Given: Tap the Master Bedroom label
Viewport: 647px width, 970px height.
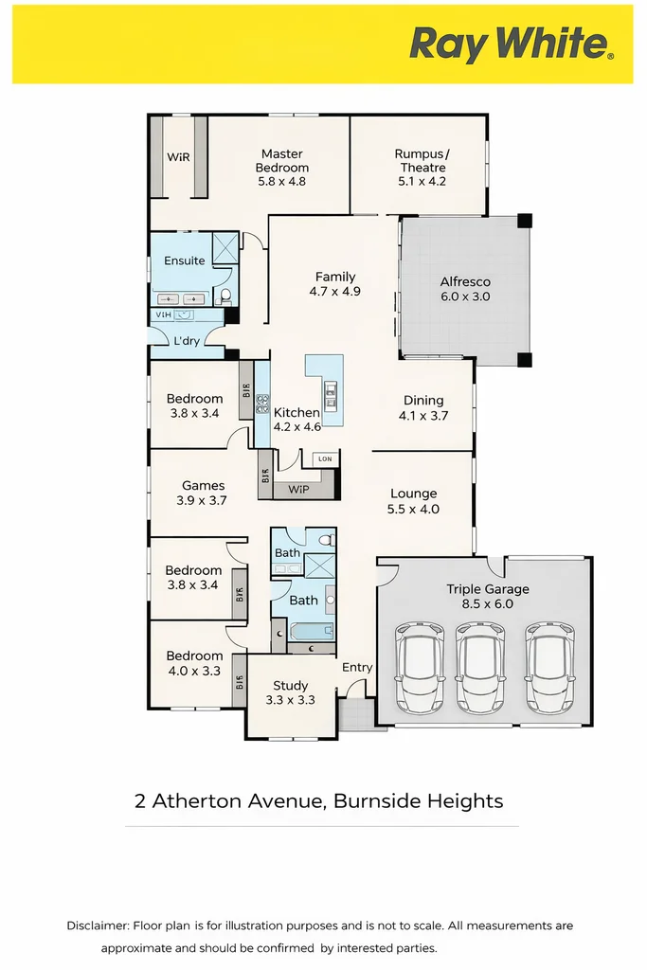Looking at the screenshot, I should (281, 168).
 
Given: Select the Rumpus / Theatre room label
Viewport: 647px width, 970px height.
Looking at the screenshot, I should (422, 168).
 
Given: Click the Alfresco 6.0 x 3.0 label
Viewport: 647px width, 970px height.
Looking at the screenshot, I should (464, 289).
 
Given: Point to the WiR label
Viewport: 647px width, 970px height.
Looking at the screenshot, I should (178, 157).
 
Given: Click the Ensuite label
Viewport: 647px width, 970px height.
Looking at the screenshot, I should (184, 260).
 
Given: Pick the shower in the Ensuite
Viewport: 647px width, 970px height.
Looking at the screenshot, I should (225, 248).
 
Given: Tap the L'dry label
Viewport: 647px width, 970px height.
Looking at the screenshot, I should (187, 341).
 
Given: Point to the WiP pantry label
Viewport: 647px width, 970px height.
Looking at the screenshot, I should (297, 490).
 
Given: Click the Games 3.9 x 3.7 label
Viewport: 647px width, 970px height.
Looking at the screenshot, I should (203, 493).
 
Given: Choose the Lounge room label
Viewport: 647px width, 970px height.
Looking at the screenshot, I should (414, 501).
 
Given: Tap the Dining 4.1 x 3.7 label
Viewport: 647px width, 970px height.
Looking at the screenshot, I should (423, 407).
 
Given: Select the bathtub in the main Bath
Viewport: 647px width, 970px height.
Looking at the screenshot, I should (313, 630).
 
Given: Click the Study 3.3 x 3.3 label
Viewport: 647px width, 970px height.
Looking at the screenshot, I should (291, 692).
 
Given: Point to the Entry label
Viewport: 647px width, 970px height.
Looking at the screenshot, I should (357, 667).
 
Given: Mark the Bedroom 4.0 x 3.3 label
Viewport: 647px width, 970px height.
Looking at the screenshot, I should (194, 663).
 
